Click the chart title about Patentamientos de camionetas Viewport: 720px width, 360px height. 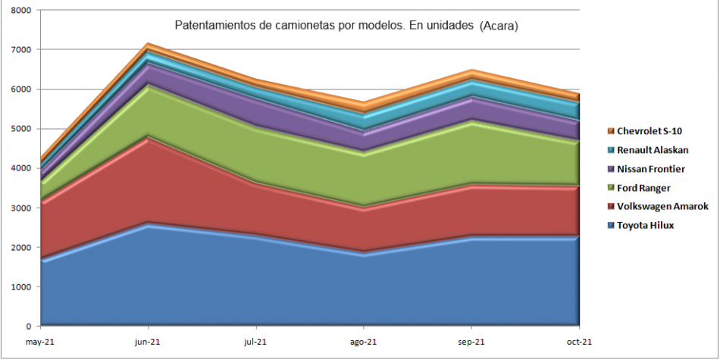click(346, 26)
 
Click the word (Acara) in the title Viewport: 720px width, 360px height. click(499, 26)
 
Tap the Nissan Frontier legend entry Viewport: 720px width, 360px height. click(650, 169)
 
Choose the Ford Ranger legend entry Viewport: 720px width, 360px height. click(643, 188)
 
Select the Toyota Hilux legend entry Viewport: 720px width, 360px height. click(645, 225)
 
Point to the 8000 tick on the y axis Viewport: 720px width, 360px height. click(21, 11)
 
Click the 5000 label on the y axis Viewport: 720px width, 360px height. click(21, 129)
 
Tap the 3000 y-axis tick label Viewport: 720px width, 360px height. click(21, 208)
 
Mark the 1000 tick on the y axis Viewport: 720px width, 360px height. click(21, 287)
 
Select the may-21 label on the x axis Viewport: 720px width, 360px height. click(40, 342)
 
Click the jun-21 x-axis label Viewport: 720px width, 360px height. click(148, 342)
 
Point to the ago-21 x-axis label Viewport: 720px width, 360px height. click(364, 342)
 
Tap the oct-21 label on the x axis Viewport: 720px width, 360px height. click(579, 342)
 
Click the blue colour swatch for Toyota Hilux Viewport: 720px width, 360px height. click(610, 225)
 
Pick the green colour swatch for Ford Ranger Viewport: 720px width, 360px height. click(610, 188)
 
